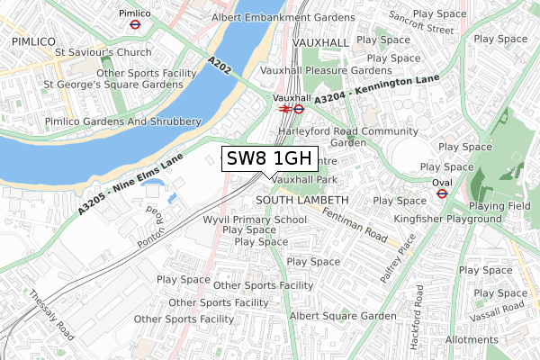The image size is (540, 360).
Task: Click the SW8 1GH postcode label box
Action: (x=269, y=159)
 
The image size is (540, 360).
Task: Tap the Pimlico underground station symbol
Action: (x=133, y=26)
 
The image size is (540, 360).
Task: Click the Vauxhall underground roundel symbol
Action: (x=299, y=109)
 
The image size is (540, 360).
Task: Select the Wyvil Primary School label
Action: (x=255, y=219)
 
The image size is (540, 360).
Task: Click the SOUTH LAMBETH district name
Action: (x=301, y=199)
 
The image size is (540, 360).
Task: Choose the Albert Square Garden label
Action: (x=342, y=316)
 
